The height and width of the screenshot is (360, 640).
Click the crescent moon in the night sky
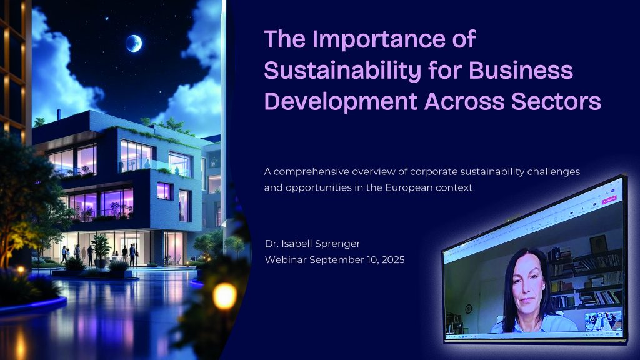click(x=134, y=43)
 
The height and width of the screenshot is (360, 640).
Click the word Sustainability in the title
click(x=342, y=71)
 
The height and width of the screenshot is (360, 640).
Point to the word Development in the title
click(x=341, y=102)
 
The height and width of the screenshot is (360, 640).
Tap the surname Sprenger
click(x=339, y=244)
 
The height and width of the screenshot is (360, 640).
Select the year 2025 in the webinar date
click(x=392, y=260)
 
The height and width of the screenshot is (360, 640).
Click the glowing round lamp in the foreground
click(x=224, y=296)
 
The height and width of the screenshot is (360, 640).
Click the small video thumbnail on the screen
click(x=603, y=321)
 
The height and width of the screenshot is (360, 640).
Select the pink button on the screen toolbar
click(x=609, y=199)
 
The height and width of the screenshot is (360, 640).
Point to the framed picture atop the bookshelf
click(x=598, y=244)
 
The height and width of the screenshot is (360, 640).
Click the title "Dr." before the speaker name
click(x=271, y=244)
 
